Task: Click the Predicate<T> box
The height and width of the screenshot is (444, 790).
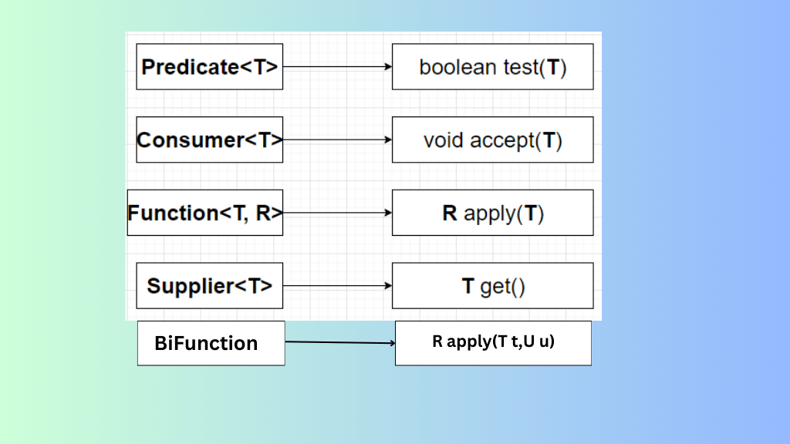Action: (x=209, y=67)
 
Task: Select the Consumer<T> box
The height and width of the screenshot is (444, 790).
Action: (x=209, y=140)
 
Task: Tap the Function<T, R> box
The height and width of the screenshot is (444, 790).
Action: (x=205, y=213)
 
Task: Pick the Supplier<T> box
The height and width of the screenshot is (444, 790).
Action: (x=209, y=286)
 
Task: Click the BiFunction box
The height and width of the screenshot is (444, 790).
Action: (x=211, y=343)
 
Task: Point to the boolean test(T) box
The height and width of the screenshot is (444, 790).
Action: (x=492, y=67)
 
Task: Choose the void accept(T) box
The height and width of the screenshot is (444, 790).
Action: (x=492, y=140)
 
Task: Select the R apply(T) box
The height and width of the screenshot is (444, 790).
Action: (x=492, y=213)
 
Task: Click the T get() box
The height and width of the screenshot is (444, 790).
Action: (x=492, y=286)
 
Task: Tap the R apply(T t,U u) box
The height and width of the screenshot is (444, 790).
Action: (x=493, y=343)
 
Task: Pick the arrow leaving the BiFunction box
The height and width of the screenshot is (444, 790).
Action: (x=339, y=342)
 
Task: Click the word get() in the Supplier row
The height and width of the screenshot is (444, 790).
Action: (x=502, y=287)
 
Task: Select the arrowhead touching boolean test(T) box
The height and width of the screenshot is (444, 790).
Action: (x=388, y=67)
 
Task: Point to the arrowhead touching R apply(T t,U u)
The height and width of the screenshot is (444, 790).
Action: (x=390, y=343)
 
